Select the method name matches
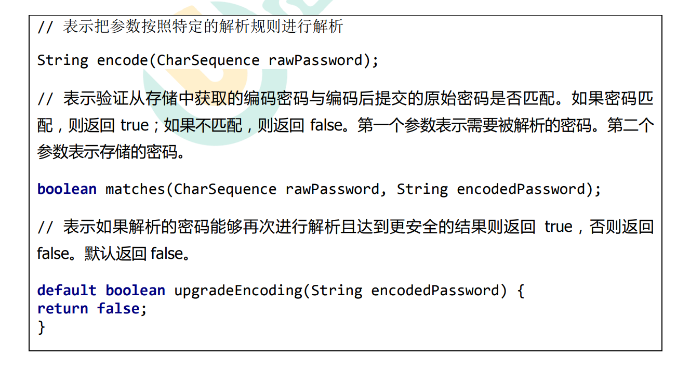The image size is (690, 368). tap(136, 189)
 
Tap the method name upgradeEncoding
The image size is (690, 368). tap(238, 291)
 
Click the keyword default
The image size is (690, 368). tap(67, 291)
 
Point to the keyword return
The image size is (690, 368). tap(63, 309)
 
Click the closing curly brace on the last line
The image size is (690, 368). tap(42, 327)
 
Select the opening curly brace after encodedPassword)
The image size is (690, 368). tap(521, 291)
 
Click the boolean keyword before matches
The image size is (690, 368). tap(67, 189)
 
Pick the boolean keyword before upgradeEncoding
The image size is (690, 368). tap(135, 291)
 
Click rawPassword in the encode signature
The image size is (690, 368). tap(315, 60)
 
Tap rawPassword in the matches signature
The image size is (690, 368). tap(332, 189)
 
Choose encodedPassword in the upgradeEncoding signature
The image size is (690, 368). tap(435, 291)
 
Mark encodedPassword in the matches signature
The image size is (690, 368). tap(521, 189)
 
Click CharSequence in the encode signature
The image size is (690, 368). tap(208, 60)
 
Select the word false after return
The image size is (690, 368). tap(118, 309)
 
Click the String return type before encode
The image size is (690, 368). tap(63, 60)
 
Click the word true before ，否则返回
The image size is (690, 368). tap(558, 227)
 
